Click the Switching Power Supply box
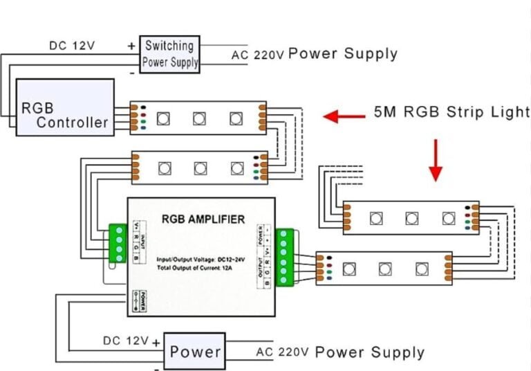click(x=169, y=55)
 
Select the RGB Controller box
click(x=65, y=107)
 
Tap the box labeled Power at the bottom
click(x=195, y=351)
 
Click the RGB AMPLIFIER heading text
click(x=203, y=220)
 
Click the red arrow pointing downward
click(x=435, y=160)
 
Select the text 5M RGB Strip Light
click(x=451, y=111)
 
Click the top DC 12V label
click(x=72, y=46)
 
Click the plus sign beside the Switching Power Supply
click(x=131, y=46)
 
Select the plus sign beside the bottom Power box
click(x=156, y=342)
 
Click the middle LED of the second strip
click(x=201, y=167)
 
